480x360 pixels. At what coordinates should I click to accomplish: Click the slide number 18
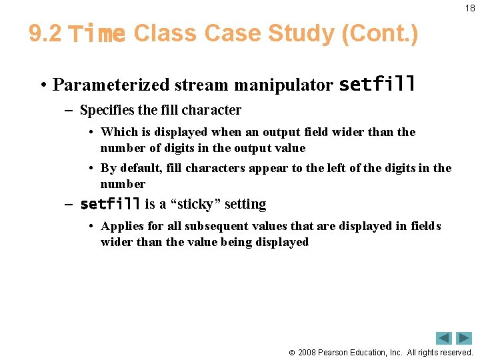pyautogui.click(x=471, y=8)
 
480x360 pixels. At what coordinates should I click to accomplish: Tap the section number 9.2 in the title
pyautogui.click(x=45, y=33)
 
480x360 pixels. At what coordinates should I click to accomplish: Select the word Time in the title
pyautogui.click(x=97, y=33)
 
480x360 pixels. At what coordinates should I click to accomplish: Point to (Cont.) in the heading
pyautogui.click(x=379, y=33)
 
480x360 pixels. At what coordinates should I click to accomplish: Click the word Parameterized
pyautogui.click(x=111, y=85)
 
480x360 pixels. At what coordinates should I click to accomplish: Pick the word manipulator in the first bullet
pyautogui.click(x=292, y=85)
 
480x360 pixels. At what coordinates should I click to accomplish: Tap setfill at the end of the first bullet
pyautogui.click(x=377, y=85)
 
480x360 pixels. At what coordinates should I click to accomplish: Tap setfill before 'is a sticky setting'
pyautogui.click(x=110, y=204)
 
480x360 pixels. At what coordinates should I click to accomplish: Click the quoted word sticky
pyautogui.click(x=198, y=204)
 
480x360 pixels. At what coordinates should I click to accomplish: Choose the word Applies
pyautogui.click(x=122, y=226)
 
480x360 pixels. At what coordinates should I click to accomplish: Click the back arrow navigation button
pyautogui.click(x=443, y=338)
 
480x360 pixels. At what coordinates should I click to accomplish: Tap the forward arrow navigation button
pyautogui.click(x=464, y=338)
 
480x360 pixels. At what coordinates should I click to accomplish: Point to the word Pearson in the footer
pyautogui.click(x=335, y=352)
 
